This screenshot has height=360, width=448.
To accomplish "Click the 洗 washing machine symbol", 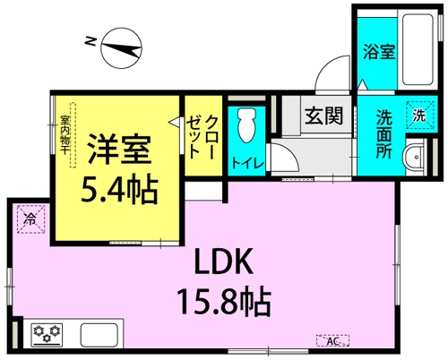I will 418,114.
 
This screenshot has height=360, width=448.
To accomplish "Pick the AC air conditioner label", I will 332,340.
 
